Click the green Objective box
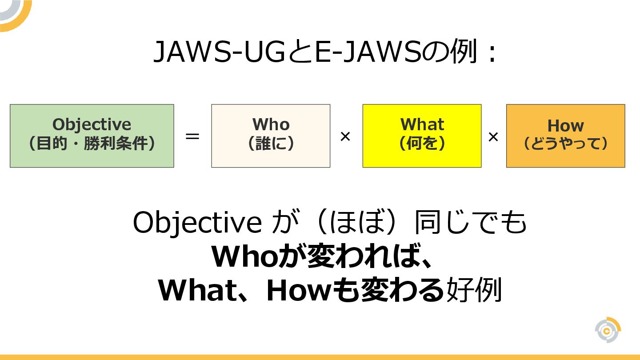92,136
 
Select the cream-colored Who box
271,136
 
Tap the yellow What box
422,136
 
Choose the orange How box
565,136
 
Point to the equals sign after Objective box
192,136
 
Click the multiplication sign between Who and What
345,136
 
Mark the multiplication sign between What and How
493,137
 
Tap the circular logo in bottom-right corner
608,330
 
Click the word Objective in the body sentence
197,223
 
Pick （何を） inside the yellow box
422,144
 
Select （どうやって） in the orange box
565,144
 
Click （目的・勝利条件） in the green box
92,144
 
